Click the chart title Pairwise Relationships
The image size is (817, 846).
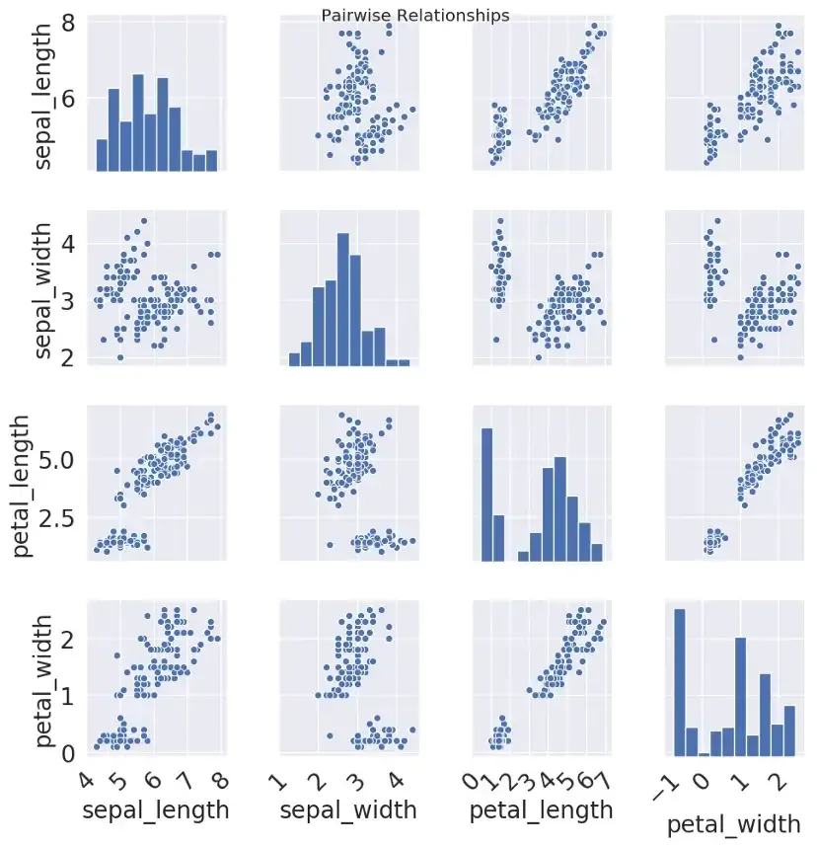[415, 16]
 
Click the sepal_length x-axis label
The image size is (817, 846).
[155, 811]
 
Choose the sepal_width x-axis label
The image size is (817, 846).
[348, 811]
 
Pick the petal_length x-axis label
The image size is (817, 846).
[542, 811]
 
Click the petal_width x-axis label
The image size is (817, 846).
[736, 824]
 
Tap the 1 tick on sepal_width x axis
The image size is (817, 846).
[280, 785]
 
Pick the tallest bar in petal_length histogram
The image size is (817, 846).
[486, 495]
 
